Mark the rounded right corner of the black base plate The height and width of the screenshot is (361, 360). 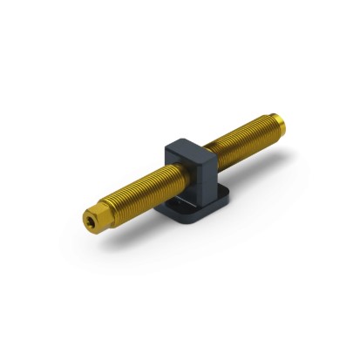(x=229, y=194)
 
